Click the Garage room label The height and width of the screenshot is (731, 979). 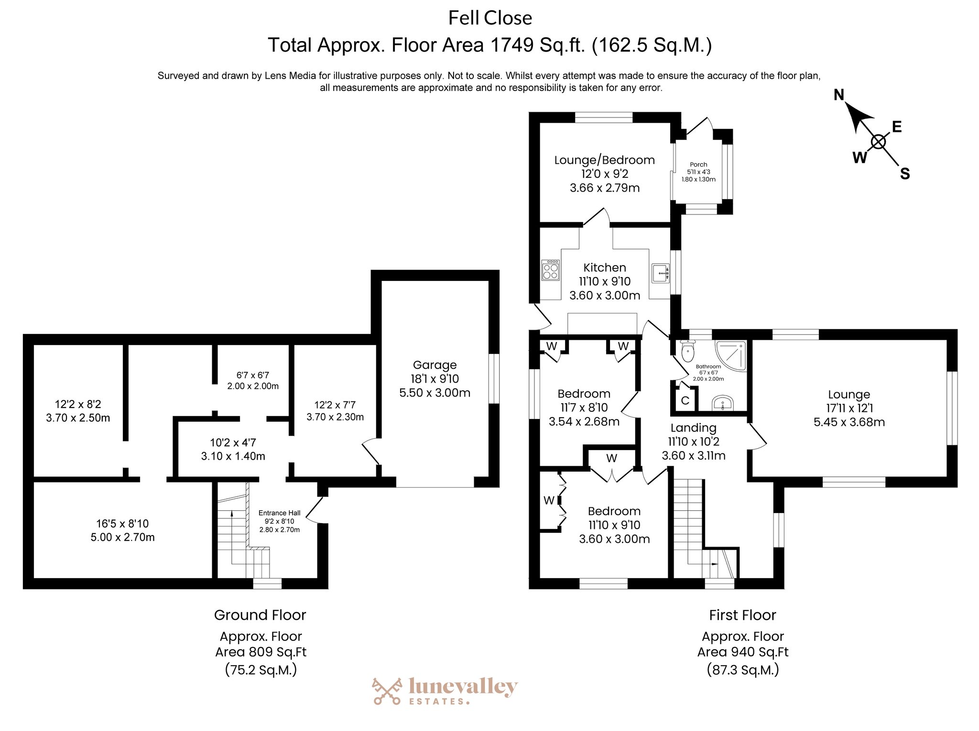click(435, 365)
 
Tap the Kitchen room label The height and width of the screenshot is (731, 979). click(605, 268)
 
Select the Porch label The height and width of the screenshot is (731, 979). click(698, 164)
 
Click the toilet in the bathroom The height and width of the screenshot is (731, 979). click(687, 351)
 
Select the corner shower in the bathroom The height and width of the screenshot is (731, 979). click(730, 355)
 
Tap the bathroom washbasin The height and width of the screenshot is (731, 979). click(722, 403)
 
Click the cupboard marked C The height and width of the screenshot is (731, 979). click(685, 400)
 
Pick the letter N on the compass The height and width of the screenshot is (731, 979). click(839, 95)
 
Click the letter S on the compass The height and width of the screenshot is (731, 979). click(905, 174)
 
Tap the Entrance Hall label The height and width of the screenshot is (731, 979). click(280, 513)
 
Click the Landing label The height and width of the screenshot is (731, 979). click(693, 428)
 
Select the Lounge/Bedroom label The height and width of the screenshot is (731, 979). click(605, 160)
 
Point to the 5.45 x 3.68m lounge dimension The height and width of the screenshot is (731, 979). click(849, 422)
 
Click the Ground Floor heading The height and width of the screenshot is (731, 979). click(260, 615)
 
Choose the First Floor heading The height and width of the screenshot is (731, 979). click(742, 615)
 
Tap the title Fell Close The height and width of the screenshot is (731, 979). click(490, 18)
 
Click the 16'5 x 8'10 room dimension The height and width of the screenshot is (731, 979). click(122, 524)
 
